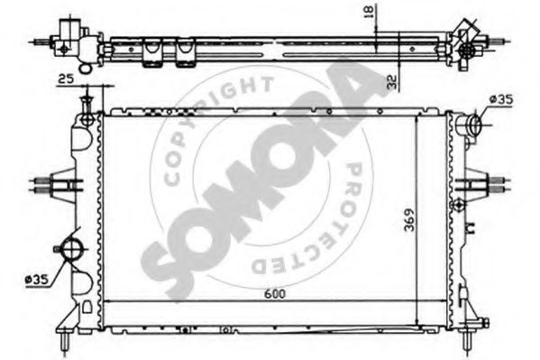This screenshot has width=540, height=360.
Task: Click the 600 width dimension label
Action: click(275, 293)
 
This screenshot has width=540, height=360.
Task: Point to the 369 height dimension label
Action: click(410, 220)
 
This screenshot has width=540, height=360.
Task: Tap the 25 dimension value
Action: click(66, 79)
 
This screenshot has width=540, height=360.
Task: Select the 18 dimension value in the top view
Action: click(369, 12)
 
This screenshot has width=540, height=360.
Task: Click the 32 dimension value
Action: click(392, 82)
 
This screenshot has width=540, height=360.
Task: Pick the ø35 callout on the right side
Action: click(501, 99)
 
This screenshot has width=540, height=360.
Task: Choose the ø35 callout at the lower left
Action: click(37, 280)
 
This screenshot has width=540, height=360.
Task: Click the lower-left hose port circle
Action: click(71, 249)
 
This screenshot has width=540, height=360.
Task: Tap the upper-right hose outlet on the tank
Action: click(469, 125)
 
